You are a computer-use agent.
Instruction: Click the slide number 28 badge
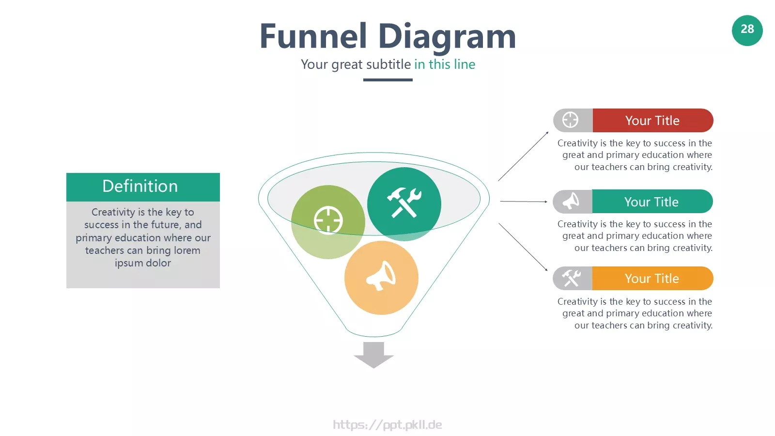coord(747,31)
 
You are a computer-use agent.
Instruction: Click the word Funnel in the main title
coord(313,36)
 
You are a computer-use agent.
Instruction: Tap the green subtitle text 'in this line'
coord(445,64)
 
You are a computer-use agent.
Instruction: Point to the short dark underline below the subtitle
coord(387,80)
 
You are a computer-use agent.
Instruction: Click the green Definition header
coord(143,187)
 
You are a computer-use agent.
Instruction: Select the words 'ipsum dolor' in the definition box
coord(142,263)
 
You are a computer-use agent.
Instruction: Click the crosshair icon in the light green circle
coord(328,220)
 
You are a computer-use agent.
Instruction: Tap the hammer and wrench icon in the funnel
coord(404,203)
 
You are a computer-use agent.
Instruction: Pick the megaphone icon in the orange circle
coord(381,276)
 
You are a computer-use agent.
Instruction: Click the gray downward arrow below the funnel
coord(373,355)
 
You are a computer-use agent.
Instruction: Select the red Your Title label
coord(652,121)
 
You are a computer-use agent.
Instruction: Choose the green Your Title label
coord(652,202)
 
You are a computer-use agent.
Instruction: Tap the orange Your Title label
coord(652,278)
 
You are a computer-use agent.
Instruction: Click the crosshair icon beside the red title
coord(570,120)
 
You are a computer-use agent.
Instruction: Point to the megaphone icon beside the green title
coord(571,201)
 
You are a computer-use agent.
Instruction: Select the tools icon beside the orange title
coord(571,278)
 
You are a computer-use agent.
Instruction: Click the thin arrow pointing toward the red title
coord(523,156)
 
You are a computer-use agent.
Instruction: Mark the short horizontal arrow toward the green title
coord(524,202)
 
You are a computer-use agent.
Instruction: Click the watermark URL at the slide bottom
coord(387,424)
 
